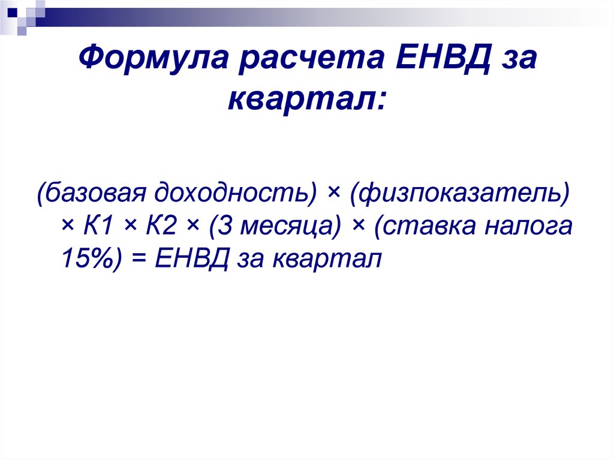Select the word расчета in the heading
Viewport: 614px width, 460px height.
[x=312, y=58]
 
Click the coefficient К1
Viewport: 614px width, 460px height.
[x=98, y=226]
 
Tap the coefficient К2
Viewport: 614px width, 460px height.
[x=161, y=226]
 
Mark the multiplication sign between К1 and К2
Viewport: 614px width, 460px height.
[x=130, y=227]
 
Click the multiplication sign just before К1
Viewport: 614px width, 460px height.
[x=67, y=227]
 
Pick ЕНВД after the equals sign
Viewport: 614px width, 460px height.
[x=191, y=259]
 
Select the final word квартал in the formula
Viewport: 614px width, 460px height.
[x=327, y=260]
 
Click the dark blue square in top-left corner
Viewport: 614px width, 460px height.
[x=12, y=12]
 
